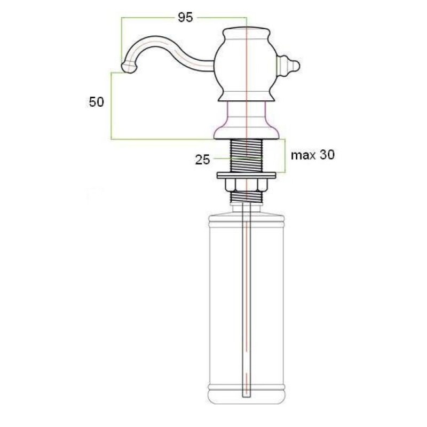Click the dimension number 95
click(185, 18)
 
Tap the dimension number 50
click(97, 102)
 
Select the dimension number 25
click(203, 160)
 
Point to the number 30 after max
click(327, 155)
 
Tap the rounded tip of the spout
click(128, 67)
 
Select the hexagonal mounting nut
click(247, 185)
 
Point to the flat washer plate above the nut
click(247, 176)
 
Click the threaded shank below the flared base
click(247, 155)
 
